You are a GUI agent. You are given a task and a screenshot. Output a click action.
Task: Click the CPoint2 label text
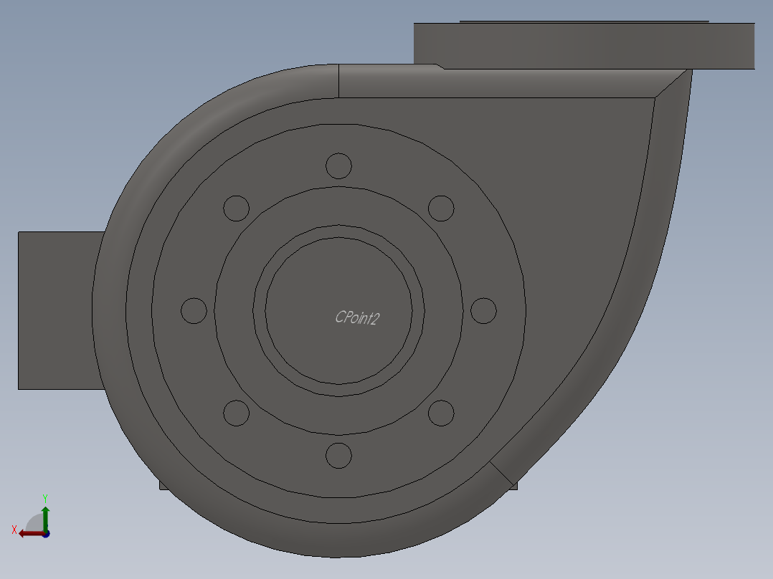[x=357, y=317]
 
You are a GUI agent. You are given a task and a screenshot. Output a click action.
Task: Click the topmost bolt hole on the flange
[x=338, y=166]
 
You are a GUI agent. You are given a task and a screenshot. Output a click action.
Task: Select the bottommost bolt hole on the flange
[x=338, y=455]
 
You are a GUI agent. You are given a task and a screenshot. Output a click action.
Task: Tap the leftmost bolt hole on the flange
[x=194, y=311]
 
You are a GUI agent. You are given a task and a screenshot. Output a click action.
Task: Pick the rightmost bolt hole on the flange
[x=483, y=311]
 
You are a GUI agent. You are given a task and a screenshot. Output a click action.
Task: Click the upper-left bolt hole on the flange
[x=236, y=209]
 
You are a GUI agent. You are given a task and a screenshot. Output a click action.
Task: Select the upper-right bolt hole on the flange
[x=441, y=209]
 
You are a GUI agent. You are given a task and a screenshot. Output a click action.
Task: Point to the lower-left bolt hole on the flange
[x=236, y=413]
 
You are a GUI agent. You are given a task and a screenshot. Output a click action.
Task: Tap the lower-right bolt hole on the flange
[x=441, y=413]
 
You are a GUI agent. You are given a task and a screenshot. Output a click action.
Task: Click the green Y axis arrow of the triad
[x=45, y=515]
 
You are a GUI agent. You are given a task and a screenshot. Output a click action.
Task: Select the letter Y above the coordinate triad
[x=45, y=497]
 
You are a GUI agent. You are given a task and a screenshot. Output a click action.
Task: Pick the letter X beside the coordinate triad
[x=14, y=530]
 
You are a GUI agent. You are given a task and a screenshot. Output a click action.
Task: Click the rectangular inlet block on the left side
[x=57, y=310]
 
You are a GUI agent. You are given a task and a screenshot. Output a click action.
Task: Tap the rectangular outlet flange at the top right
[x=584, y=46]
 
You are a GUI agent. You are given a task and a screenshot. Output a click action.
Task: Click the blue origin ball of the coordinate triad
[x=46, y=534]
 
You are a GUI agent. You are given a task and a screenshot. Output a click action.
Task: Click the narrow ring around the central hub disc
[x=260, y=310]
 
